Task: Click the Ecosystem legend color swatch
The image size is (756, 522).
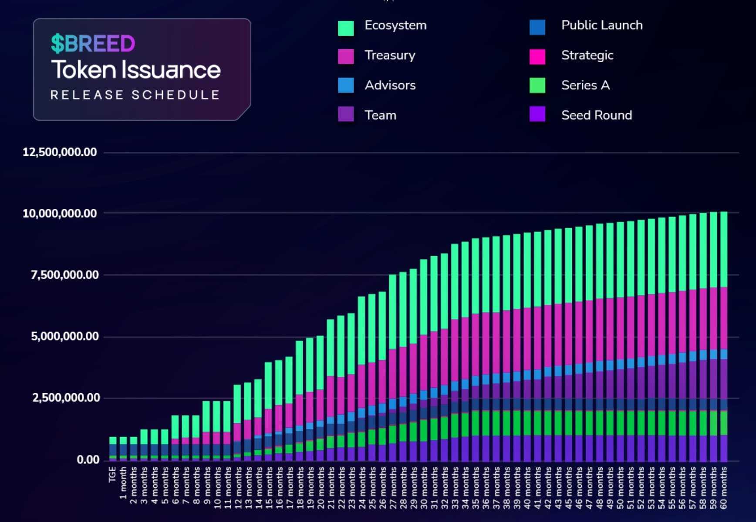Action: coord(346,28)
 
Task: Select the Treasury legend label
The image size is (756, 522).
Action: coord(390,55)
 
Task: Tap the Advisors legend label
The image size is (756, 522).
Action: coord(390,85)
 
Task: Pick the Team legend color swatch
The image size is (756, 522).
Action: coord(346,114)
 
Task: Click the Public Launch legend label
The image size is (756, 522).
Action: coord(601,25)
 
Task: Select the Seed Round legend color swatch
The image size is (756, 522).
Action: coord(537,114)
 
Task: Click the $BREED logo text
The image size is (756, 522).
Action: coord(93,43)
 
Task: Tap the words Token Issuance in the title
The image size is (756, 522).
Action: coord(135,70)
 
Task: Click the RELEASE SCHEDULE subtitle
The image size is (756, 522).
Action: coord(135,95)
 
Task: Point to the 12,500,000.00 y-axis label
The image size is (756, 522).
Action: coord(60,152)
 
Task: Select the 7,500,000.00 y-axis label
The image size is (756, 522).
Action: coord(64,275)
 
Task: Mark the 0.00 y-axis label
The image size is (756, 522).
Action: coord(88,460)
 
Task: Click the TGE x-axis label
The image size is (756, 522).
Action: coord(112,474)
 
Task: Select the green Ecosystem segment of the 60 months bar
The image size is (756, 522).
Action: coord(724,250)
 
